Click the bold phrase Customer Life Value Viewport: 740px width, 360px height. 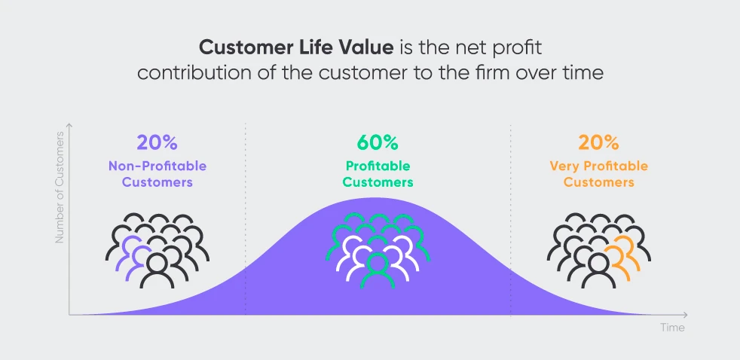point(296,47)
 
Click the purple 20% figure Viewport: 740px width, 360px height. point(157,142)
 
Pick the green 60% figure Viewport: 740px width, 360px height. point(378,142)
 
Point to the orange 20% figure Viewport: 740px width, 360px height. point(598,142)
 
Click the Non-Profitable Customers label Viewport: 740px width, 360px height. point(157,174)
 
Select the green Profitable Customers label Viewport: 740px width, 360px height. point(378,174)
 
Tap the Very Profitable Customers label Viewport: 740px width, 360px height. point(598,174)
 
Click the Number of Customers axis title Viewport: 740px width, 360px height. point(60,188)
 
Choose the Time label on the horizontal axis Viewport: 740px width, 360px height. point(672,328)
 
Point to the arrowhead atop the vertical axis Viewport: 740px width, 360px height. point(69,127)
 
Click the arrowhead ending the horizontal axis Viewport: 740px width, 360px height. point(685,315)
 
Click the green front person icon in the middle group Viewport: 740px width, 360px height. point(377,271)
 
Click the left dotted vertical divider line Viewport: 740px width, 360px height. point(246,219)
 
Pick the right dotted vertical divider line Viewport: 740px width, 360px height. point(511,219)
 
